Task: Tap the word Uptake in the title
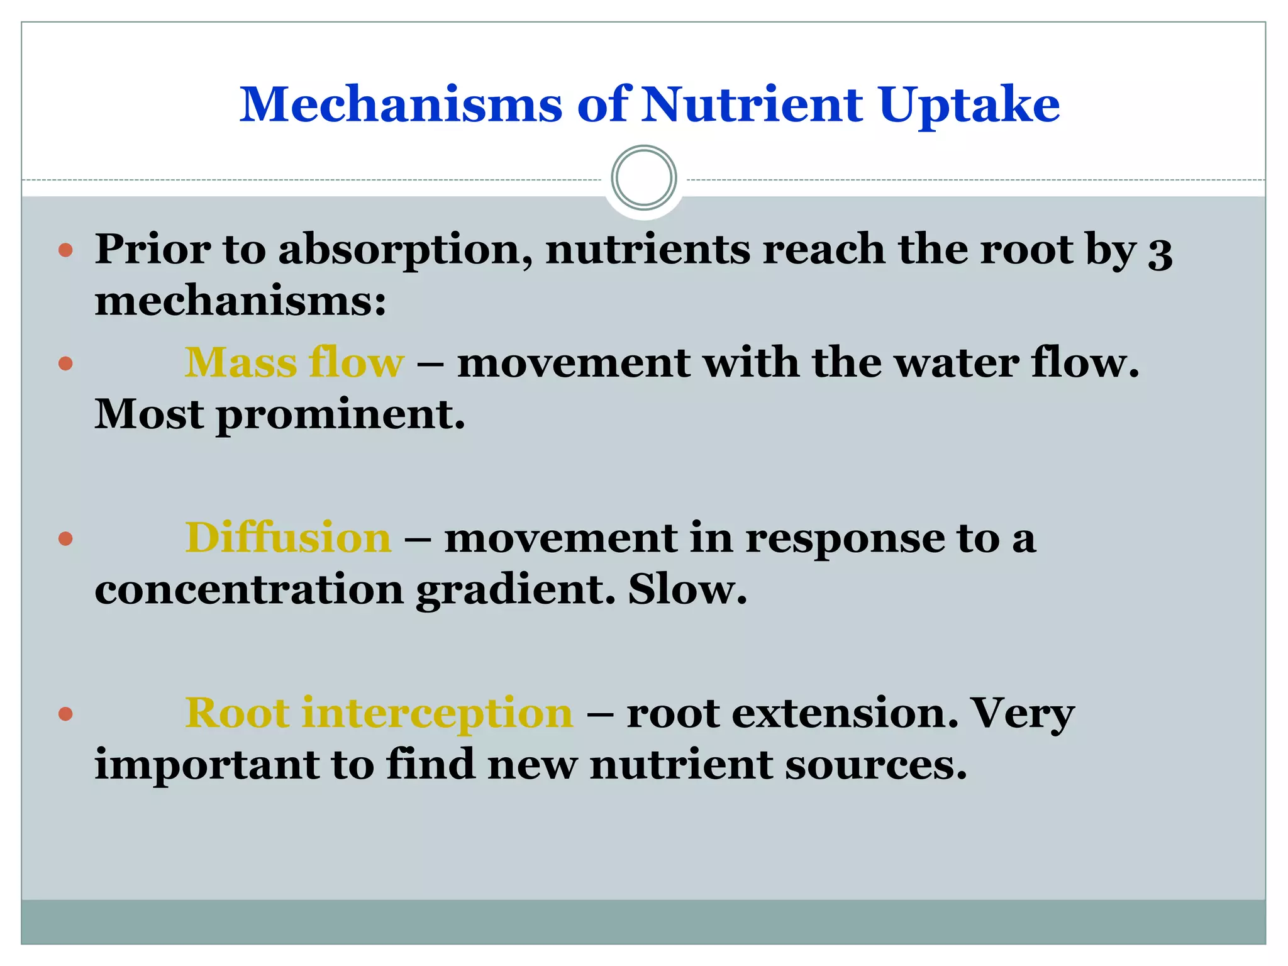(x=969, y=104)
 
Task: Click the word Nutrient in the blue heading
(x=751, y=104)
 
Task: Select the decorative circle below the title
(x=643, y=178)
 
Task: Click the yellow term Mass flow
(x=294, y=363)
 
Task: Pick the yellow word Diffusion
(x=288, y=538)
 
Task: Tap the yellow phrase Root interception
(x=379, y=713)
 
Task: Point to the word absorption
(x=406, y=250)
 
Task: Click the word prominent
(x=340, y=415)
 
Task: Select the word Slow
(x=687, y=589)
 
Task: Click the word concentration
(x=249, y=591)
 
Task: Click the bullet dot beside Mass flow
(x=65, y=364)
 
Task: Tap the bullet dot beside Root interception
(x=65, y=714)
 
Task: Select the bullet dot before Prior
(x=65, y=251)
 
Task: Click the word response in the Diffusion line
(x=845, y=540)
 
